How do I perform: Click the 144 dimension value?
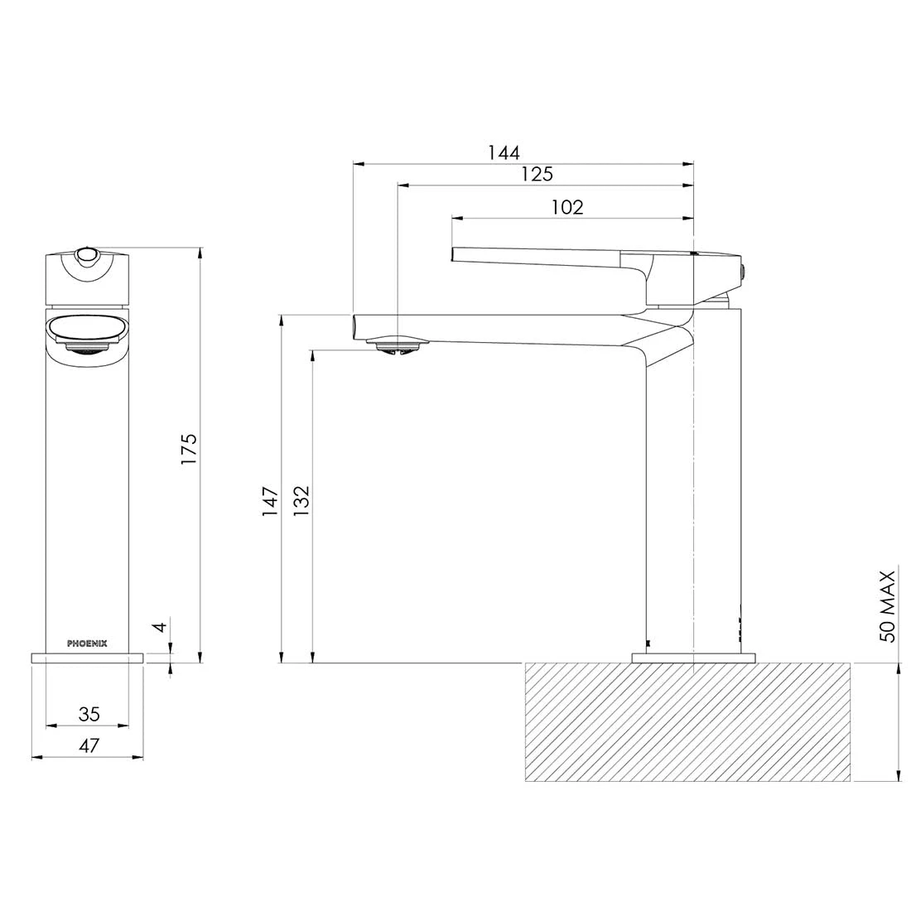pyautogui.click(x=504, y=152)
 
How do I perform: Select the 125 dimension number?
pyautogui.click(x=537, y=174)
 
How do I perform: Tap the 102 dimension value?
pyautogui.click(x=567, y=207)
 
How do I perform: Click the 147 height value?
pyautogui.click(x=271, y=502)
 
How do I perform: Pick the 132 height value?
pyautogui.click(x=301, y=502)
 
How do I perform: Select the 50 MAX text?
pyautogui.click(x=888, y=605)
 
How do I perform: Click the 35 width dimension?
pyautogui.click(x=89, y=714)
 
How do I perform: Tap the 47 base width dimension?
pyautogui.click(x=89, y=745)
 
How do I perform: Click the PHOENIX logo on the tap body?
pyautogui.click(x=87, y=642)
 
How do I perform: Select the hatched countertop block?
pyautogui.click(x=687, y=722)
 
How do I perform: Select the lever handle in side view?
pyautogui.click(x=547, y=257)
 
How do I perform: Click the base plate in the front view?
pyautogui.click(x=87, y=658)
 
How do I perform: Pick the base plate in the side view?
pyautogui.click(x=694, y=658)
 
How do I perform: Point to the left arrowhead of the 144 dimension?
pyautogui.click(x=358, y=163)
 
